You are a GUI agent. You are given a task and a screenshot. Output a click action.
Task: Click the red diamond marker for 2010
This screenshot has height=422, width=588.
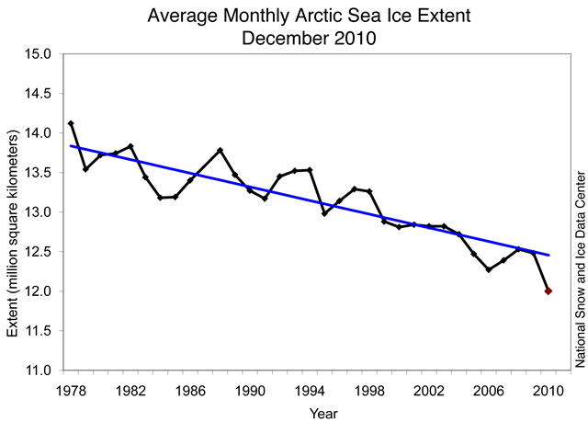click(x=548, y=291)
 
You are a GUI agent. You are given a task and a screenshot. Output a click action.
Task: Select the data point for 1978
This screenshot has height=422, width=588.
click(x=72, y=123)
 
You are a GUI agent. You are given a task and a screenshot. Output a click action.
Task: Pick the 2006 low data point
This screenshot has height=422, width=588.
click(x=489, y=269)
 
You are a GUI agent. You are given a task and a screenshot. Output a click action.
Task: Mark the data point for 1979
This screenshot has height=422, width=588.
click(x=86, y=169)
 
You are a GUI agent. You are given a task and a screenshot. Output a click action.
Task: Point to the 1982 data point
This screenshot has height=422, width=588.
click(x=131, y=146)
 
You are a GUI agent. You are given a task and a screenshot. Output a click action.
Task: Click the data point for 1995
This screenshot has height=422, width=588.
click(x=324, y=213)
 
